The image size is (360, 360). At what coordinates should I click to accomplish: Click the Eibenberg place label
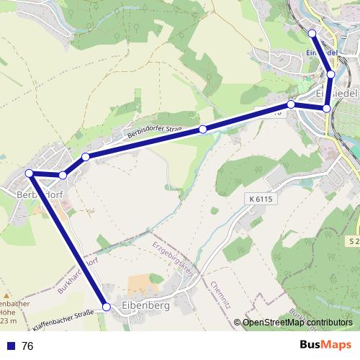click(x=146, y=305)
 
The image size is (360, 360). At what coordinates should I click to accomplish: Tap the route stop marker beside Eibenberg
click(x=107, y=307)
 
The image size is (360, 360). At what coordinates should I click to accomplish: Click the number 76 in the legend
click(x=28, y=346)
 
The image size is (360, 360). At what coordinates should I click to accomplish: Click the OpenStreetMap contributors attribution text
click(x=297, y=323)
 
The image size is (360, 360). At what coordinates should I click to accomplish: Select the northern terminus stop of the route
click(x=312, y=34)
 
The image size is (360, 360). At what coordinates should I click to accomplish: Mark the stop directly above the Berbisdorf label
click(x=29, y=173)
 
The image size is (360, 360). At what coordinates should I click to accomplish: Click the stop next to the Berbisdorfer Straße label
click(x=203, y=129)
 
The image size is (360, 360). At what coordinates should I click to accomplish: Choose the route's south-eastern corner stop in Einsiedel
click(x=326, y=109)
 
